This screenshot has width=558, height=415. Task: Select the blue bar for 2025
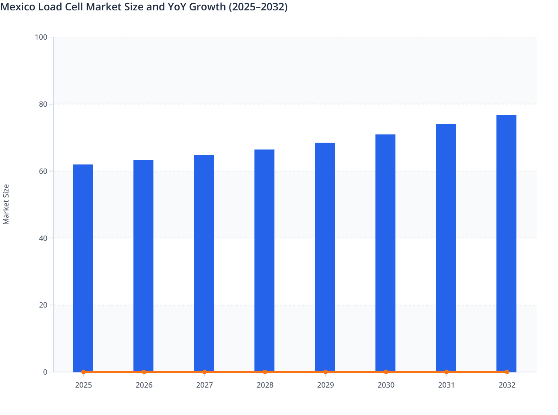click(x=83, y=267)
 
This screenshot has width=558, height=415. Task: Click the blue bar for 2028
click(x=264, y=259)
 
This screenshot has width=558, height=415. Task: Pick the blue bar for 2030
click(x=385, y=252)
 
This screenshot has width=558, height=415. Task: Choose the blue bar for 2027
click(x=204, y=263)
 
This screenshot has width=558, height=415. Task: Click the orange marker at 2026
click(x=144, y=372)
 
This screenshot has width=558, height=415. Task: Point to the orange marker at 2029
click(x=325, y=372)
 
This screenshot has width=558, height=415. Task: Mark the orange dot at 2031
click(x=446, y=372)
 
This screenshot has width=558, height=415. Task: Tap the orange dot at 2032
click(x=507, y=372)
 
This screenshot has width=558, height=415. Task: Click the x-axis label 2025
click(x=83, y=385)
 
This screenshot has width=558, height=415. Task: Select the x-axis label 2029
click(x=325, y=385)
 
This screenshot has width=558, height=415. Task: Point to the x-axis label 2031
click(x=446, y=385)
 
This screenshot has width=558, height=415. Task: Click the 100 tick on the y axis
click(x=41, y=37)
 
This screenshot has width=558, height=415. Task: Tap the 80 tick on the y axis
click(x=43, y=104)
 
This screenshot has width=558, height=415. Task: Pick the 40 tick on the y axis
click(x=43, y=238)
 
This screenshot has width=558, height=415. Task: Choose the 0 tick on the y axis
click(x=45, y=372)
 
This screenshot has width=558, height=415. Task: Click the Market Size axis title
click(x=6, y=204)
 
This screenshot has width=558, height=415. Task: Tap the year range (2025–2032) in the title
click(x=258, y=7)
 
